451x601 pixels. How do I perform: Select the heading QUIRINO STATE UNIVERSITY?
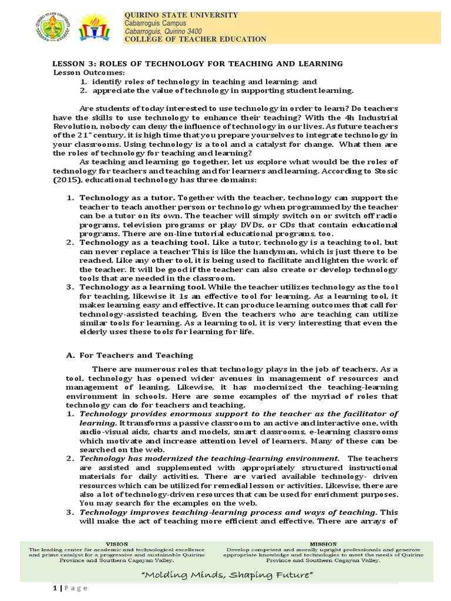pyautogui.click(x=181, y=15)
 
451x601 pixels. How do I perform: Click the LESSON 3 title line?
pyautogui.click(x=198, y=63)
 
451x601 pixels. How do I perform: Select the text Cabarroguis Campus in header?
pyautogui.click(x=158, y=23)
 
